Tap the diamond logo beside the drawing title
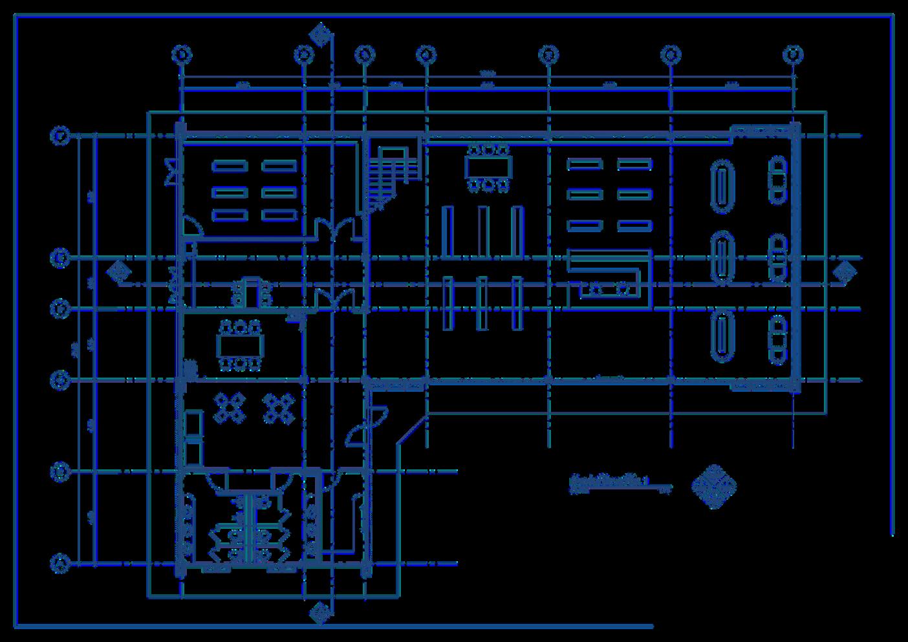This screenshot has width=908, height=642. click(x=714, y=486)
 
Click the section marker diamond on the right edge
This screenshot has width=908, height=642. click(x=843, y=273)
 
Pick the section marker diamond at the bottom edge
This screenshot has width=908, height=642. click(x=319, y=612)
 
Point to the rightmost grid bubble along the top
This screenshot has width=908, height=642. click(x=793, y=55)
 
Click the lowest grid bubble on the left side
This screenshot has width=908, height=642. click(x=59, y=563)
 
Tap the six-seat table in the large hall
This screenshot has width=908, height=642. click(x=488, y=167)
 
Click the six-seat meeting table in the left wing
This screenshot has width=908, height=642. click(x=240, y=345)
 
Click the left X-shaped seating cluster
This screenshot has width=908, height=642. click(x=229, y=408)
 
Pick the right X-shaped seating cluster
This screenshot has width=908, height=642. click(x=278, y=408)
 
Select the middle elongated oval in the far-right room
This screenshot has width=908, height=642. click(x=722, y=256)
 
